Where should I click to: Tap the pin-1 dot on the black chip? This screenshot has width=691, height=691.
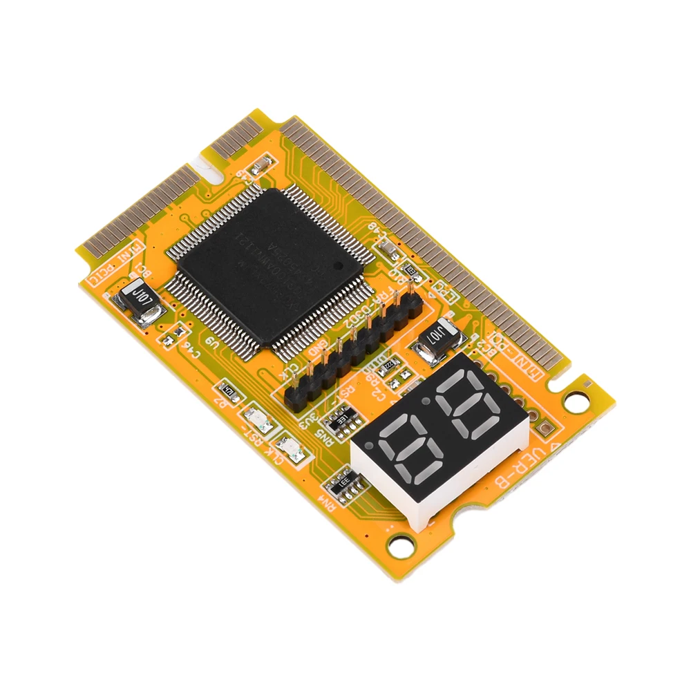[338, 265]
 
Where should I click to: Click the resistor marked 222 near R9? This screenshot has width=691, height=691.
[389, 364]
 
